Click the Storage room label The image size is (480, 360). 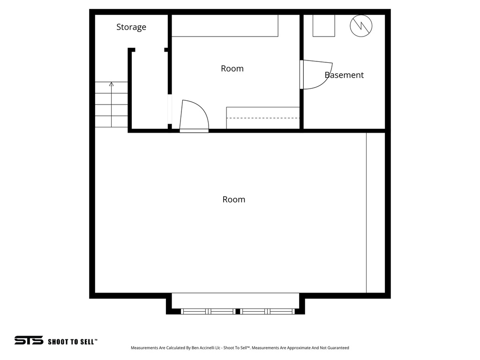[x=131, y=27]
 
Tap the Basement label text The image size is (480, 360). [x=344, y=75]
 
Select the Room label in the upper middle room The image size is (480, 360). [x=232, y=68]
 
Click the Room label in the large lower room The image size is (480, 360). [x=233, y=199]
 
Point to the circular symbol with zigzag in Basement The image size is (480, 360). [x=361, y=25]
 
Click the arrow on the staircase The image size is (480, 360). [x=111, y=85]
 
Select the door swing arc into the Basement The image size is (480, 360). [x=323, y=77]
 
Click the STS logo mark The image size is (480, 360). [x=29, y=340]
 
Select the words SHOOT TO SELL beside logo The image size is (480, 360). [x=72, y=342]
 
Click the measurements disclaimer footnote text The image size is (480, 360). [x=240, y=348]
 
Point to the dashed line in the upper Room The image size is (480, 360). [x=263, y=118]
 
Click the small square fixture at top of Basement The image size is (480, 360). [x=324, y=25]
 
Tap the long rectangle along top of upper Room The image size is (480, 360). [x=225, y=25]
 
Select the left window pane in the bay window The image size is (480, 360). [x=208, y=311]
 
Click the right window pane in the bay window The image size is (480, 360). [x=268, y=311]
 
